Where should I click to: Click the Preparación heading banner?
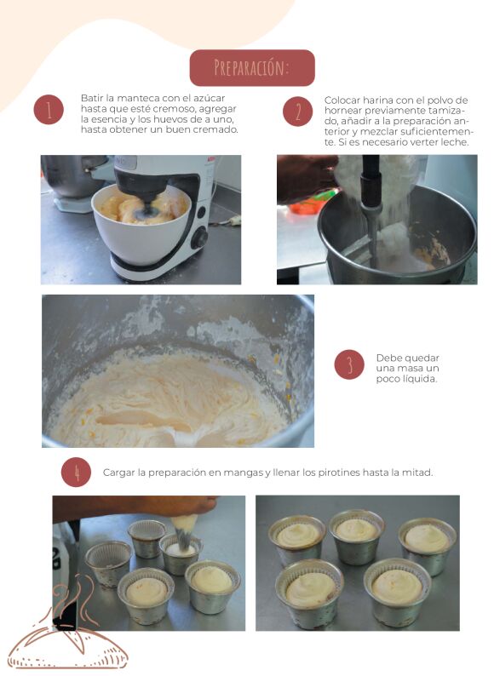pyautogui.click(x=252, y=68)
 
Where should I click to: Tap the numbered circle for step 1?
pyautogui.click(x=49, y=110)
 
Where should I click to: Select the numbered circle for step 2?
pyautogui.click(x=298, y=112)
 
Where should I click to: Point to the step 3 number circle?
pyautogui.click(x=349, y=364)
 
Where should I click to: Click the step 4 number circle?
pyautogui.click(x=77, y=472)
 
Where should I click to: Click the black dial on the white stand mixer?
pyautogui.click(x=199, y=238)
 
